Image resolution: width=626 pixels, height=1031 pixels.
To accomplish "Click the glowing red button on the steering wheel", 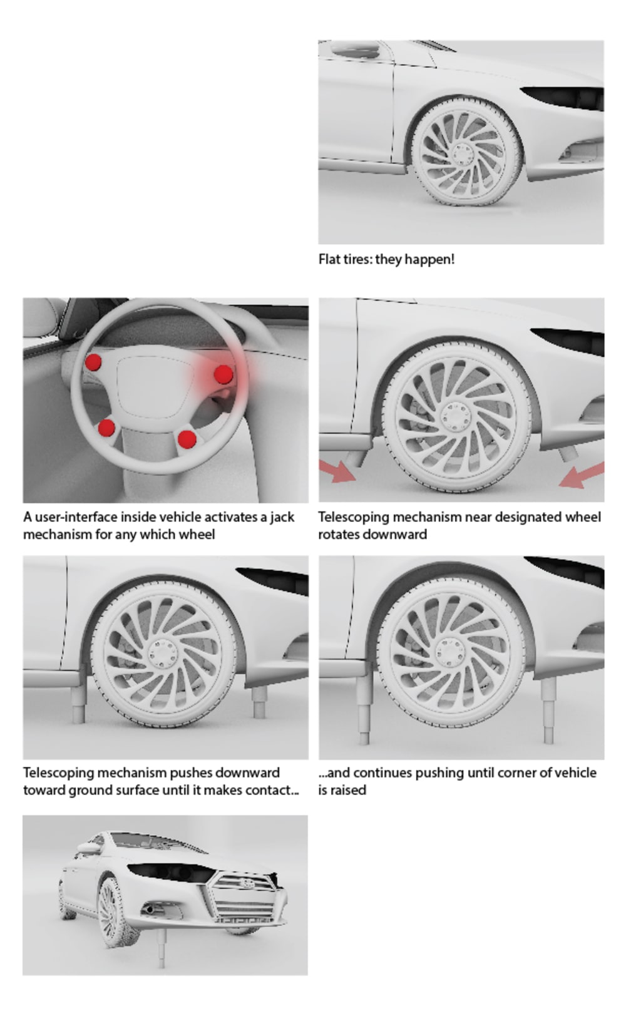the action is [223, 374].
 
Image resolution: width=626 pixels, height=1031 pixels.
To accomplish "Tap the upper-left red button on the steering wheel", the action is [93, 362].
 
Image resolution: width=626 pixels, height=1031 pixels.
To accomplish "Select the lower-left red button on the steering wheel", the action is [106, 428].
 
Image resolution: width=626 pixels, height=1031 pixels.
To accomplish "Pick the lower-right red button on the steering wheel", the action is [187, 439].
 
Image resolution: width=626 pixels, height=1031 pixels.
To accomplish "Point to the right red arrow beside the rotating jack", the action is [581, 475].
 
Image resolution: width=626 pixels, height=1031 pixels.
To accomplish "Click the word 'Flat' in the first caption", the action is [329, 259].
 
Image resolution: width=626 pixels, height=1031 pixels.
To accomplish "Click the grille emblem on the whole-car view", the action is [248, 883].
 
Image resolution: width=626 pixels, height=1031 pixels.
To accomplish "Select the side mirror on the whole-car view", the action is [88, 846].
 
